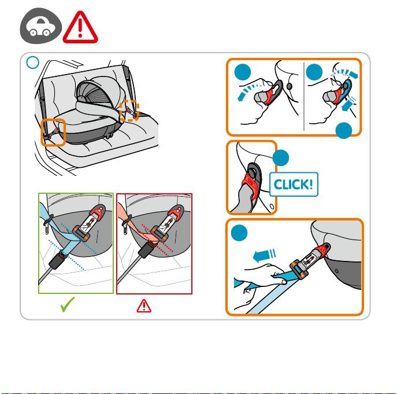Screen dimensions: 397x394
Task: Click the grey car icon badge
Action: pos(41,25)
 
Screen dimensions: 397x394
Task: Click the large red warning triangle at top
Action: pos(80,27)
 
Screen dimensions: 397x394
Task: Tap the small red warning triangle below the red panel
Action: pos(144,305)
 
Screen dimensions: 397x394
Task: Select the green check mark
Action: pos(68,304)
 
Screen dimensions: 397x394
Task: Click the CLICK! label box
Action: pos(294,185)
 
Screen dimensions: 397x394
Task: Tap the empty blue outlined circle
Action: pos(33,62)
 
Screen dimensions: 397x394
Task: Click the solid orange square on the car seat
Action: pos(53,132)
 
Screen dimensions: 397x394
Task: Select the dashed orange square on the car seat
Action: pos(129,111)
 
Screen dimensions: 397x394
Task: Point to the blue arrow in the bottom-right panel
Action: pos(264,255)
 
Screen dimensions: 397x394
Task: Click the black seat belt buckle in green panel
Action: pos(58,260)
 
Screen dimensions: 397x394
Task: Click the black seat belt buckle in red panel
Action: pos(147,249)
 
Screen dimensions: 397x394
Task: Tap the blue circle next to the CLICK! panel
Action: pos(281,158)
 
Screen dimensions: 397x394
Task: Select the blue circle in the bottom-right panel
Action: pos(239,233)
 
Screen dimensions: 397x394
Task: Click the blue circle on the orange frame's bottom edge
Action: pos(344,131)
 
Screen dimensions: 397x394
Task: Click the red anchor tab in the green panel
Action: pos(98,212)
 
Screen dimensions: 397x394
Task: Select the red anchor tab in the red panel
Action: pos(176,212)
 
